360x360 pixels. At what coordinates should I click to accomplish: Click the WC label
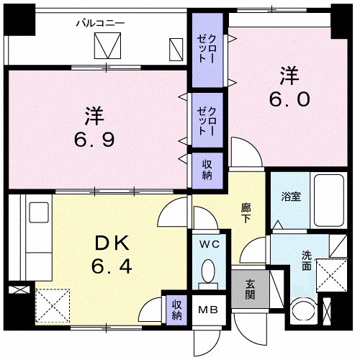pos(208,244)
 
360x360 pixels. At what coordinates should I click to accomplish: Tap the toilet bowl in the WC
pos(208,272)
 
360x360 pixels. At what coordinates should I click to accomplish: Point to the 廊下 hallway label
pos(246,212)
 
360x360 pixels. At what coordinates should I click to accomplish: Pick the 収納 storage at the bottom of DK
pos(176,308)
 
